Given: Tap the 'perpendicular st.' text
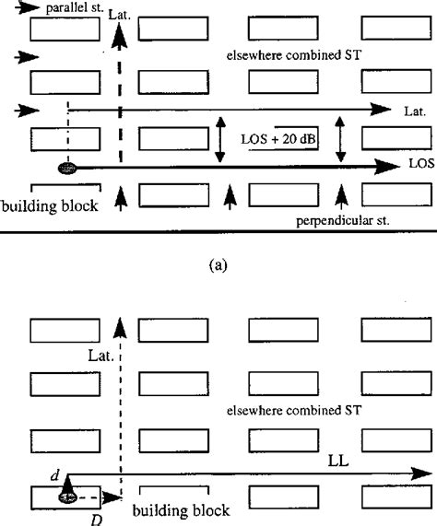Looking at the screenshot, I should tap(332, 221).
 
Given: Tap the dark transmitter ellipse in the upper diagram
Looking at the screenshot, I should tap(67, 168).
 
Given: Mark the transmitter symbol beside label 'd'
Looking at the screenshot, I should tap(67, 496).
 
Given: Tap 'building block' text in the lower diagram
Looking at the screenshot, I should tap(180, 509).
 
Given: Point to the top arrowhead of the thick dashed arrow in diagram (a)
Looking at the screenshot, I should tap(119, 36).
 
